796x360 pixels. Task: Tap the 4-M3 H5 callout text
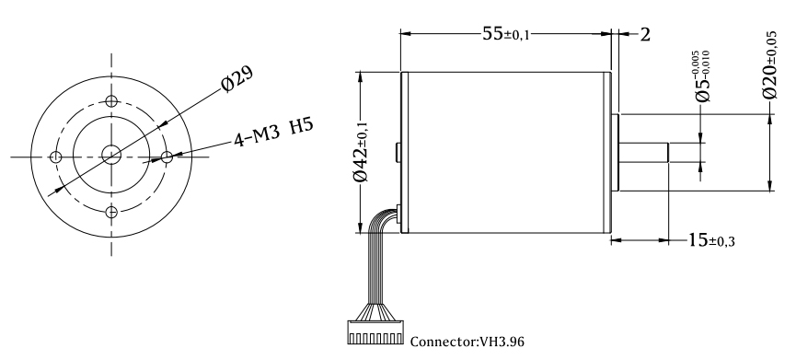tap(273, 132)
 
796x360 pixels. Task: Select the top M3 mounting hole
tap(111, 100)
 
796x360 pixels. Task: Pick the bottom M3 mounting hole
tap(111, 212)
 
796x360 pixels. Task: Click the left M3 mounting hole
tap(56, 157)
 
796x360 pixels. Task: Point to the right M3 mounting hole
tap(167, 157)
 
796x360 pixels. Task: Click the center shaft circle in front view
tap(111, 155)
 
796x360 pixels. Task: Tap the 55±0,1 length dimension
tap(505, 34)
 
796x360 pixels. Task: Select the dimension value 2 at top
tap(645, 35)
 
